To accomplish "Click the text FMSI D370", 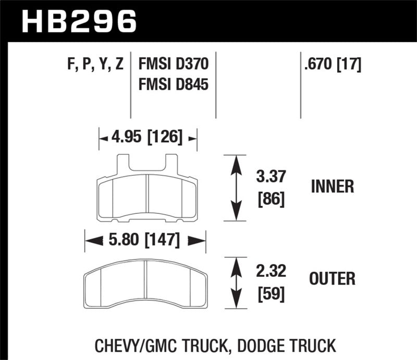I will click(173, 65).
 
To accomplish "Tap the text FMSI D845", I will click(173, 83).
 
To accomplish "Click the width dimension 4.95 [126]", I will click(147, 138).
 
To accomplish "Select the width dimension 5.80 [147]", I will click(145, 241).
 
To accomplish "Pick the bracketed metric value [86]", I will click(271, 199).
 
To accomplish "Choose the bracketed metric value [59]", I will click(271, 294).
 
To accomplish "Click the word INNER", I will click(332, 187).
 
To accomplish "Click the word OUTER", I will click(332, 279).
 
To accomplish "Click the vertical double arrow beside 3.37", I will click(237, 188).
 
